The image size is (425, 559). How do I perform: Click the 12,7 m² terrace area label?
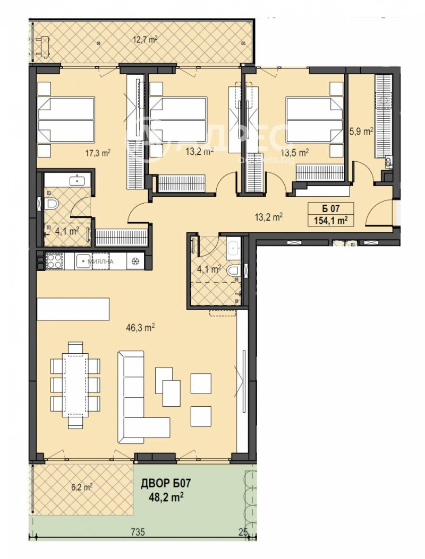144,39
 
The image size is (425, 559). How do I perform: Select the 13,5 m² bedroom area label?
297,153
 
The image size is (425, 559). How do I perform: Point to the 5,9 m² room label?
361,132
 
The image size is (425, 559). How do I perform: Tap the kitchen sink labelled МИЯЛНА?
84,261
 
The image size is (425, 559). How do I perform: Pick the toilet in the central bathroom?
233,272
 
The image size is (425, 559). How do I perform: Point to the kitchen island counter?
73,309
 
